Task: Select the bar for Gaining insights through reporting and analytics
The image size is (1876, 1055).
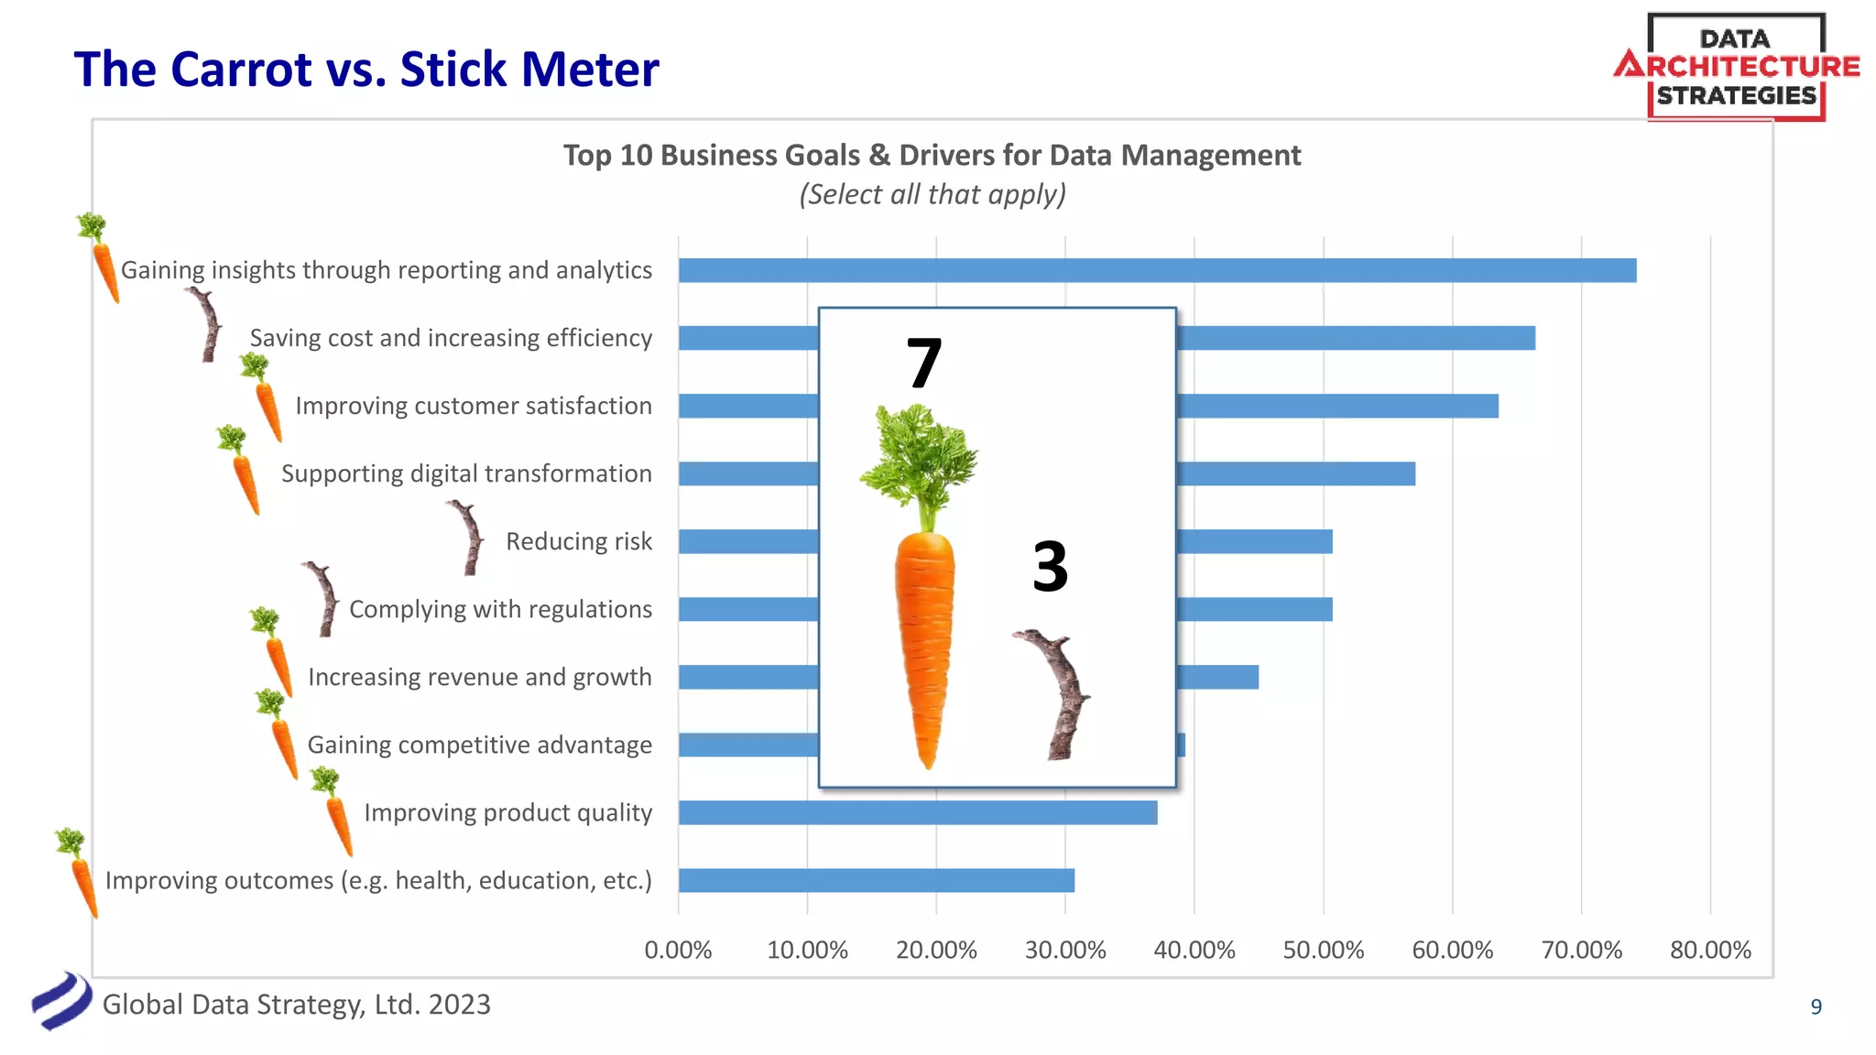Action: pos(1156,270)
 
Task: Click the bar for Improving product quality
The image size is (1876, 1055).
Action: pos(918,812)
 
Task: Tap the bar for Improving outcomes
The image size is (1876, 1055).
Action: pos(876,880)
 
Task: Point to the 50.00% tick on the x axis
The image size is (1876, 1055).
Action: pos(1323,950)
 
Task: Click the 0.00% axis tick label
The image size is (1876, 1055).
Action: pos(678,950)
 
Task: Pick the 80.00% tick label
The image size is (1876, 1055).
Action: pos(1709,950)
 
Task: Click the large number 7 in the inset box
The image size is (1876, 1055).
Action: pos(923,364)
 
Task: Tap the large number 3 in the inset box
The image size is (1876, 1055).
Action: pos(1050,566)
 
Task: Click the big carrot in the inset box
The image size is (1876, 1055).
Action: pos(923,604)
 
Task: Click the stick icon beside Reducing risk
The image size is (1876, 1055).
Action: pos(469,538)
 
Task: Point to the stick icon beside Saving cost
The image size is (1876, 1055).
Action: pos(208,325)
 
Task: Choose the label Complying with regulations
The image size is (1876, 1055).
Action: pos(500,609)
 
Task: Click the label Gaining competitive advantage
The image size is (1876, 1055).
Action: pos(479,745)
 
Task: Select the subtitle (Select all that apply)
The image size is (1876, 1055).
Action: pos(932,194)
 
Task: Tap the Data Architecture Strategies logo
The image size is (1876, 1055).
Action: pos(1736,67)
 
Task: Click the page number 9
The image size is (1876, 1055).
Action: pos(1816,1006)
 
